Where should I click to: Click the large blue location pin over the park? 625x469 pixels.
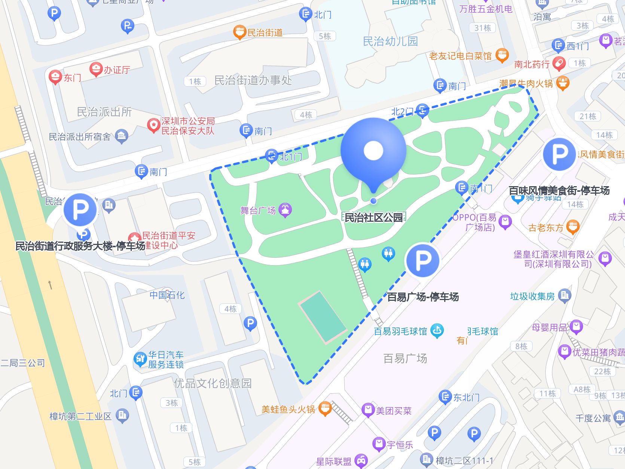[373, 151]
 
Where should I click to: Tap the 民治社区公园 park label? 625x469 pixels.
[373, 217]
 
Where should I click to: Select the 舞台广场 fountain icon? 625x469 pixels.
[285, 210]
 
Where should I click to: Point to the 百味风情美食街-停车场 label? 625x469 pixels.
[559, 191]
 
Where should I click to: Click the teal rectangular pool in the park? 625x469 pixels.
[322, 317]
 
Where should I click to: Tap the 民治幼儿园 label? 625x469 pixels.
[390, 41]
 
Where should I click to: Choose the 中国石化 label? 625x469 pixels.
[167, 295]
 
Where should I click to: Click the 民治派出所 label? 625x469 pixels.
[104, 112]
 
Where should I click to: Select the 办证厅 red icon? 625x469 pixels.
[96, 69]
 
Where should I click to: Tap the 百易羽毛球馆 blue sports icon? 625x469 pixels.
[437, 331]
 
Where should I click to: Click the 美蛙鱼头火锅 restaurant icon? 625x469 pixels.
[325, 409]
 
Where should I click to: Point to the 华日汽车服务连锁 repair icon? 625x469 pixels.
[140, 359]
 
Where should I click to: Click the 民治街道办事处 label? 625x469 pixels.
[253, 80]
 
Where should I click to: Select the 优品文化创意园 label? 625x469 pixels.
[213, 383]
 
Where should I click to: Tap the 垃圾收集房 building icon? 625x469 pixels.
[564, 296]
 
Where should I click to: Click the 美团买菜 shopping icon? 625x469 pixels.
[368, 411]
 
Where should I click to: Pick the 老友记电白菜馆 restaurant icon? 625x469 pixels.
[502, 55]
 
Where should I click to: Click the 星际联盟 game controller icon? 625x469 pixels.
[361, 461]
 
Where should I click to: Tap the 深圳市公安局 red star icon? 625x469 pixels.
[153, 125]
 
